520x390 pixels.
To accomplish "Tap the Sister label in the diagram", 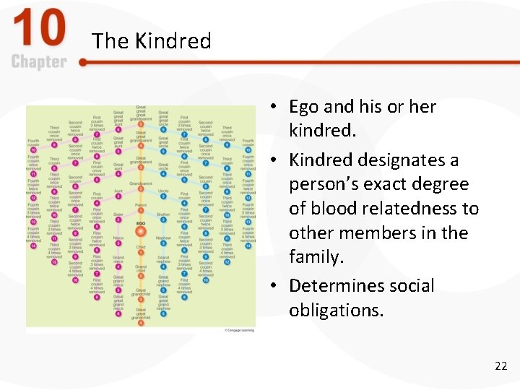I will pos(118,214).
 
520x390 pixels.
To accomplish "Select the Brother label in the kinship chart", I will pos(163,214).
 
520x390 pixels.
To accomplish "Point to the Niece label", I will pos(118,237).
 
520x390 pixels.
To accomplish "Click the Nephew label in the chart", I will pos(163,237).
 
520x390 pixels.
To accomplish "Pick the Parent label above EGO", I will pos(141,204).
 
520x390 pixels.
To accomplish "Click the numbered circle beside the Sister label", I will pos(118,220).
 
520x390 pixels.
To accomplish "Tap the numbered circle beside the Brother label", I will pos(164,220).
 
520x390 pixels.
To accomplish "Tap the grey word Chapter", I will pos(39,62).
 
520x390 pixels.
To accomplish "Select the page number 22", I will pos(500,366).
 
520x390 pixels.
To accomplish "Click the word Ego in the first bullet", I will pos(304,107).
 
